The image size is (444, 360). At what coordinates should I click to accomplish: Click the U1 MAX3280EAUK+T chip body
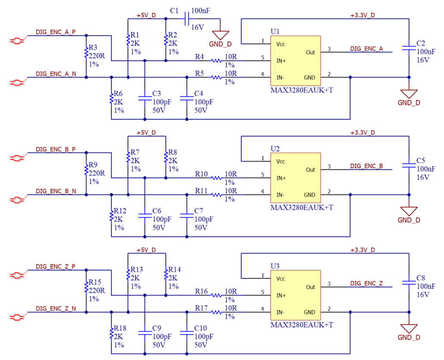tap(295, 61)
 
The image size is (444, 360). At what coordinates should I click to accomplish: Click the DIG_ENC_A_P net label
tap(56, 31)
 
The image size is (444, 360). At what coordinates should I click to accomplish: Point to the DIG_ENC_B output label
tap(366, 166)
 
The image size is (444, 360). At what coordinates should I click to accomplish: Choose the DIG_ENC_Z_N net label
tap(56, 308)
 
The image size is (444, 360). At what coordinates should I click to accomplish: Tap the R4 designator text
tap(199, 57)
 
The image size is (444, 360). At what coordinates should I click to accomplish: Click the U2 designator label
tap(275, 149)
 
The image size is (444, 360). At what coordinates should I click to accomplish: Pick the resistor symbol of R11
tap(217, 195)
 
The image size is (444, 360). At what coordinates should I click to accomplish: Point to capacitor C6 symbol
tap(144, 215)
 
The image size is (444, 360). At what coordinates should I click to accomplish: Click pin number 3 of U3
tap(329, 284)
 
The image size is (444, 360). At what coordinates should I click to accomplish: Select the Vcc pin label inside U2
tap(281, 161)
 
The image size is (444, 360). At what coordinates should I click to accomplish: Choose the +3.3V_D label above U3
tap(362, 250)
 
